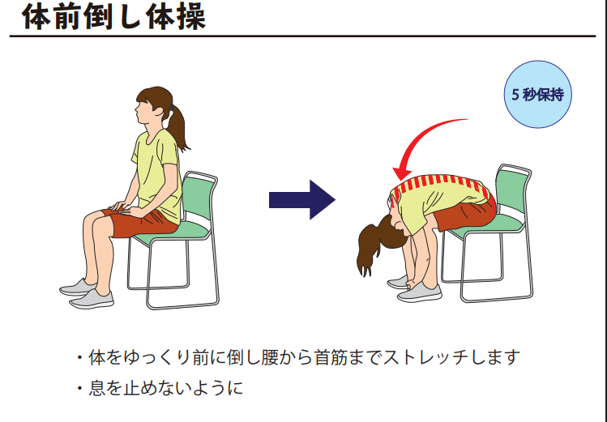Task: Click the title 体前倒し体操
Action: click(113, 17)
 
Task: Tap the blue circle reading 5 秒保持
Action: click(537, 95)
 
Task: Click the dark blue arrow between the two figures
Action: click(302, 200)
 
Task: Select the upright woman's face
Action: click(145, 109)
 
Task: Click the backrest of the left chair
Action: click(199, 198)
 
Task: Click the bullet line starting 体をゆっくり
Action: click(298, 357)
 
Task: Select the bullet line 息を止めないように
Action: click(160, 388)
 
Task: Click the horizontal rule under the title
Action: click(303, 36)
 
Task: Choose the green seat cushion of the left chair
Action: click(173, 233)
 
